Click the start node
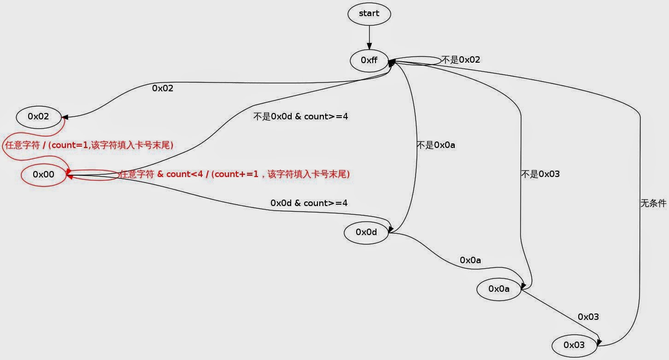click(x=369, y=14)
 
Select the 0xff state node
click(x=369, y=60)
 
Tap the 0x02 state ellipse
click(x=39, y=117)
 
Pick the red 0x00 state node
click(x=44, y=174)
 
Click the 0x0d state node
click(x=366, y=232)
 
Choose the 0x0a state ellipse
click(x=499, y=289)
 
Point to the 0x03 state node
click(x=574, y=345)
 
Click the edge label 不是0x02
click(x=461, y=60)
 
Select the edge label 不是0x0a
click(x=436, y=145)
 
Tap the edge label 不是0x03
click(x=540, y=174)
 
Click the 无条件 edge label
click(x=653, y=203)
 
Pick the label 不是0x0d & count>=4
click(x=300, y=117)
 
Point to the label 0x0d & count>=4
click(x=309, y=203)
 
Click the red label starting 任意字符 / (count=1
click(x=88, y=145)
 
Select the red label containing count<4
click(x=235, y=174)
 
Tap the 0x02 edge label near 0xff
click(x=163, y=88)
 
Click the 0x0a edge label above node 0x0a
click(x=470, y=260)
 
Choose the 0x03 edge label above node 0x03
click(x=588, y=317)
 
